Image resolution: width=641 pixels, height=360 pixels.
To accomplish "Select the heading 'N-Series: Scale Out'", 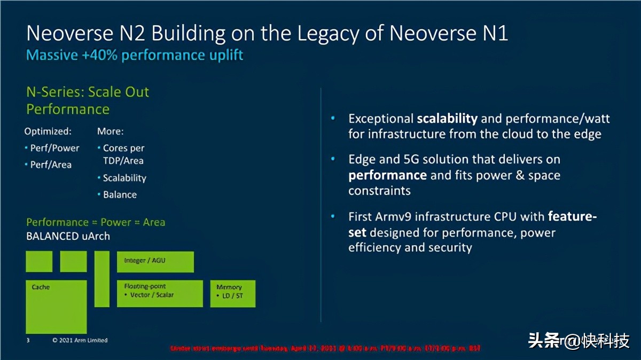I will click(88, 92).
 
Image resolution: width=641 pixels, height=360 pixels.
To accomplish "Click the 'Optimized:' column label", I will click(48, 131).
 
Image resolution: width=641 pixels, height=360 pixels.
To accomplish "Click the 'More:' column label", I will click(110, 131).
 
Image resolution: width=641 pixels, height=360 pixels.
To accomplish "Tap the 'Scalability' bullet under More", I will click(124, 178).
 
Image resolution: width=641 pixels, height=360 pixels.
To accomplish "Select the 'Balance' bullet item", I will click(120, 194).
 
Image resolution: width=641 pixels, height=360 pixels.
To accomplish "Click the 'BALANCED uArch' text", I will click(68, 236).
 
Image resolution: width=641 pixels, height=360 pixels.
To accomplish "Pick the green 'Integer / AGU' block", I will click(155, 262).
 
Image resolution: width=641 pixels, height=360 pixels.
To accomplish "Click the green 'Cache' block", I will click(56, 307).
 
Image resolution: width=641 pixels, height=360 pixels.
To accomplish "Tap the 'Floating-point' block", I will click(160, 293).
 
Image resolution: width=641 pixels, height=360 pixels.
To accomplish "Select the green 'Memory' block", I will click(232, 293).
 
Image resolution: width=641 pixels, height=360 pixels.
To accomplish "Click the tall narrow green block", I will click(102, 279).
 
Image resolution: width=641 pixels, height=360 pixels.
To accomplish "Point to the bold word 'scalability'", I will click(447, 119).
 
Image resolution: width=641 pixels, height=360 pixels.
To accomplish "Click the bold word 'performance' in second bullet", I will click(387, 175).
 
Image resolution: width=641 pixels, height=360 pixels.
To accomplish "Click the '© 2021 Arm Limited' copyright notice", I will click(80, 340).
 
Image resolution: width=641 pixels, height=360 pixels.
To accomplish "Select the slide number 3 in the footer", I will click(28, 340).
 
